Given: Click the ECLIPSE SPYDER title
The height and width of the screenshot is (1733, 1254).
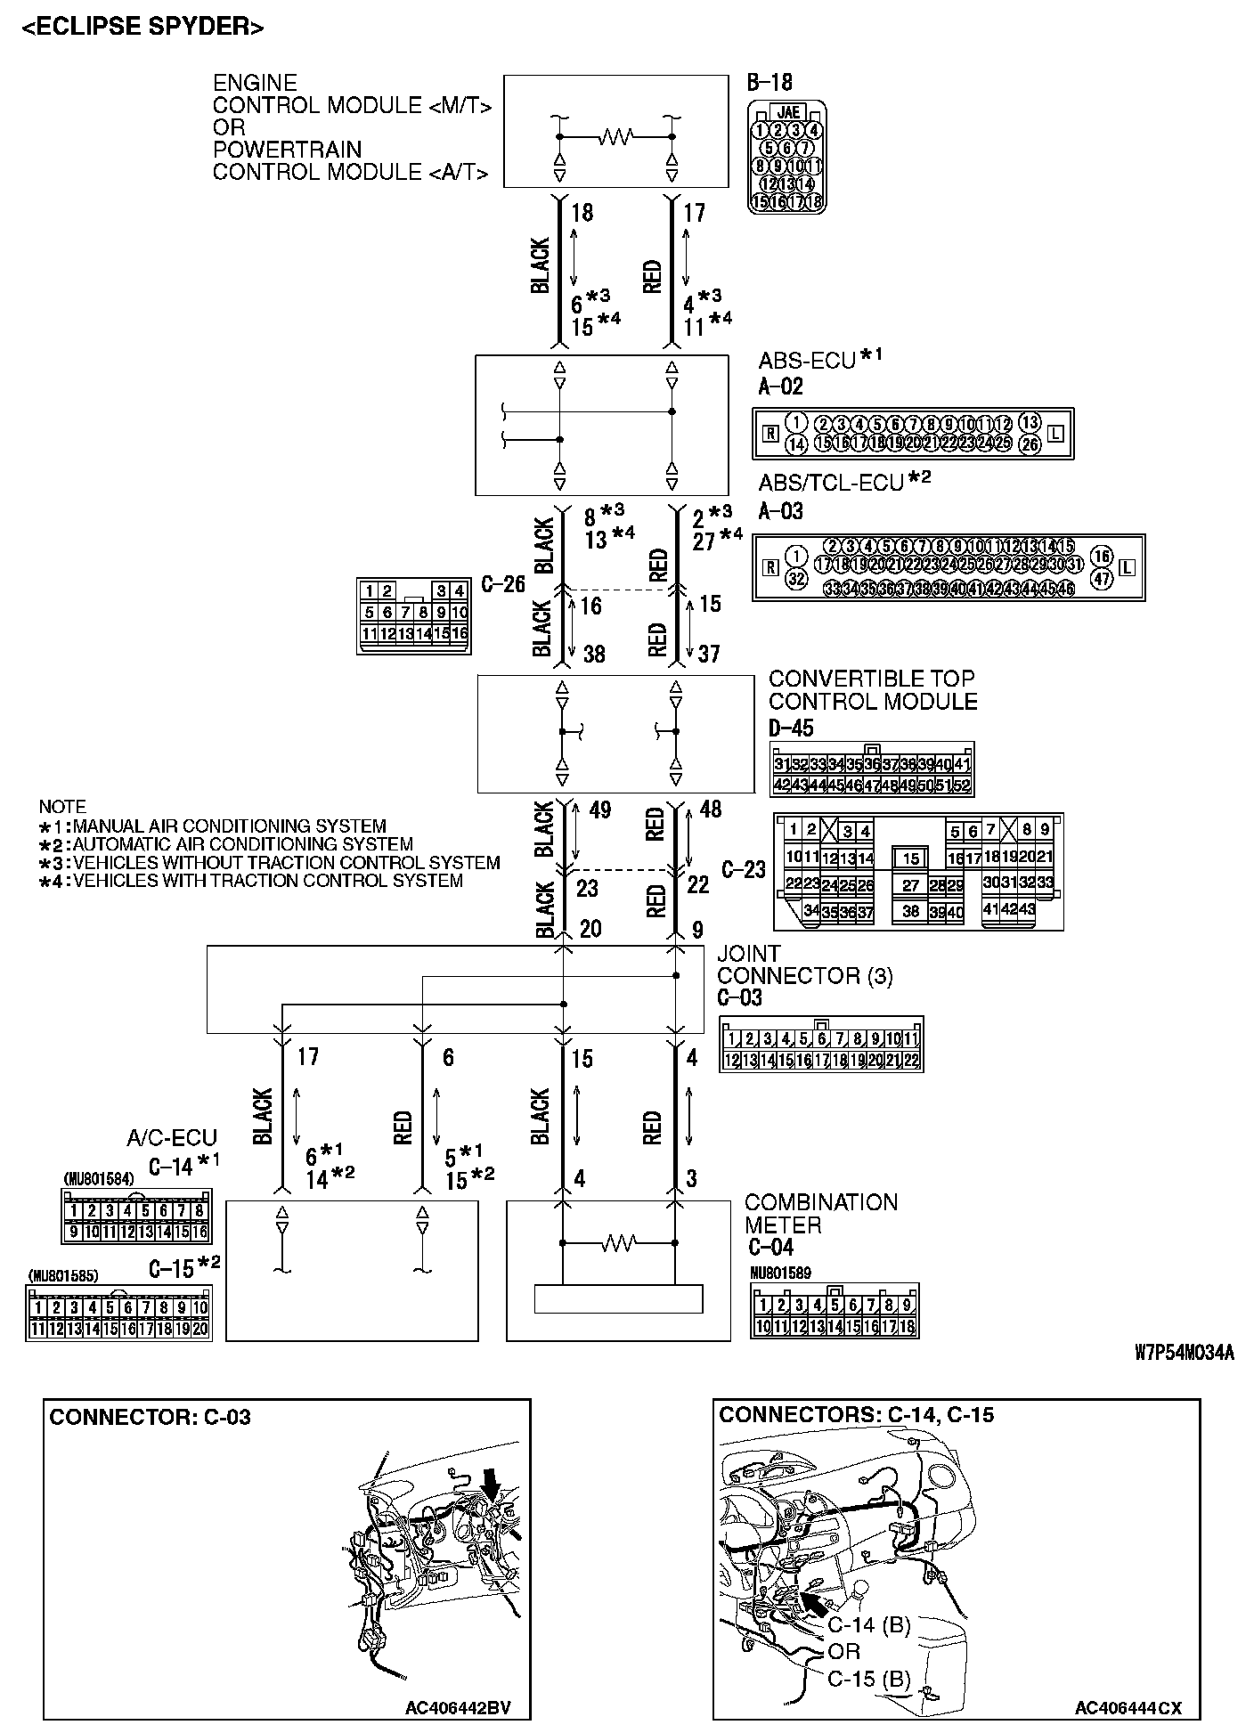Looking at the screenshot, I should (x=143, y=28).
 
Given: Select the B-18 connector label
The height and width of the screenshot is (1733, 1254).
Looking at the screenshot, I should (x=769, y=84).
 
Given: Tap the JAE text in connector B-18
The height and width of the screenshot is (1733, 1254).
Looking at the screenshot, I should (x=788, y=113).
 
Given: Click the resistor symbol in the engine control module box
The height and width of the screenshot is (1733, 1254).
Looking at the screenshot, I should (x=616, y=136).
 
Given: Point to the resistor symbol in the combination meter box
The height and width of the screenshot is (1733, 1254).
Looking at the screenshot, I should (x=618, y=1241).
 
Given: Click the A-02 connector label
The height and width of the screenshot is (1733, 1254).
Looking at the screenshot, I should (x=780, y=386).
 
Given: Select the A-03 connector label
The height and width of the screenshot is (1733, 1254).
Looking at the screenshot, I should (x=780, y=511).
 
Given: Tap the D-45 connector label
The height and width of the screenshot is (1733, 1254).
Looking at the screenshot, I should (x=791, y=728).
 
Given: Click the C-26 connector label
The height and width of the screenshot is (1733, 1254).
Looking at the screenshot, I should (x=503, y=584).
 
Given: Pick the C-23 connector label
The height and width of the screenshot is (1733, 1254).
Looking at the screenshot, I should (x=744, y=869).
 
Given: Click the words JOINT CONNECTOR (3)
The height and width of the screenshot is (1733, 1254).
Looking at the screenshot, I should (x=804, y=964).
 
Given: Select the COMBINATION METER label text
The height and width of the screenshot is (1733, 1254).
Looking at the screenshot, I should (x=820, y=1214).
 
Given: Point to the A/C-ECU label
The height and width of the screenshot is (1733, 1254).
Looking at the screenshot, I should (x=172, y=1138).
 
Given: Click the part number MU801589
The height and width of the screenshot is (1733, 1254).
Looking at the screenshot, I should (x=781, y=1273).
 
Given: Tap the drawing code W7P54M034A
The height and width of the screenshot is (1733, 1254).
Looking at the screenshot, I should (x=1185, y=1354).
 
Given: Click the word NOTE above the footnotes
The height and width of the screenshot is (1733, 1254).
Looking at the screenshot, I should (x=62, y=807).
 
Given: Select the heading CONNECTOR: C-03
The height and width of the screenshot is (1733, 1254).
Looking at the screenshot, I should (x=150, y=1417).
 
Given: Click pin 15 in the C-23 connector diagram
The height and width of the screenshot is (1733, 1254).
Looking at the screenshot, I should (x=910, y=858).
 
